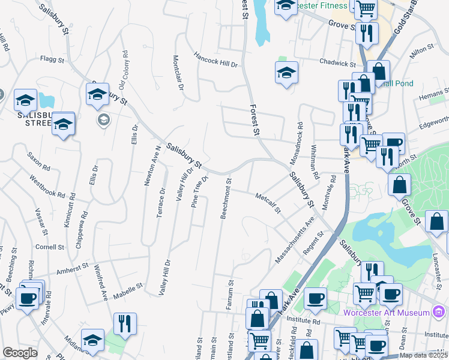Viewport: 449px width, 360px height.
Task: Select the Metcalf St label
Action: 268,202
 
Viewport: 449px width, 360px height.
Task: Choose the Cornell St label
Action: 50,247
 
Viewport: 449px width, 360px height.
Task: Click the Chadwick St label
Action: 338,62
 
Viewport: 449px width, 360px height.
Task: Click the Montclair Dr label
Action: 177,71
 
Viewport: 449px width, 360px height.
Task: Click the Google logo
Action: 20,353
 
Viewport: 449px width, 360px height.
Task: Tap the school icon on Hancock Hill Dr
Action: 287,73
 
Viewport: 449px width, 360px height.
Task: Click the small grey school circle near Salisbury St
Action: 104,121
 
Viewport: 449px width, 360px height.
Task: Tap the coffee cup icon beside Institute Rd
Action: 315,297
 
